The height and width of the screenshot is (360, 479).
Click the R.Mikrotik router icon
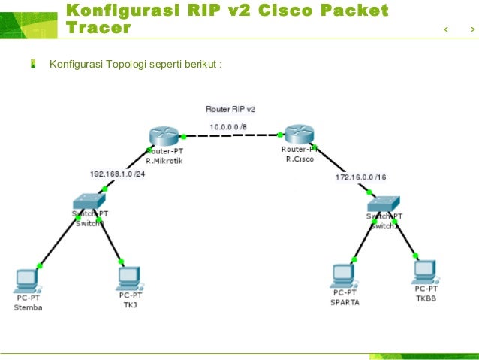(162, 136)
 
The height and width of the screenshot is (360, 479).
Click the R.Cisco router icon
(299, 135)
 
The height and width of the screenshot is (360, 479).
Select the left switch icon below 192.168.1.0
(89, 201)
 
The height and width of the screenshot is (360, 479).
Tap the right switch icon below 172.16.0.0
(384, 204)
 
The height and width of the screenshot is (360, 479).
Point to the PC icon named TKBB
(425, 271)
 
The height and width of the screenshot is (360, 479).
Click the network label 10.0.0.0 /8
(229, 127)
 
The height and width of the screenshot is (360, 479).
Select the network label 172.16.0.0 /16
(360, 177)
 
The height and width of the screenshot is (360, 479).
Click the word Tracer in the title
(98, 29)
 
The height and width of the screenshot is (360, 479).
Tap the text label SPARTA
(345, 302)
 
